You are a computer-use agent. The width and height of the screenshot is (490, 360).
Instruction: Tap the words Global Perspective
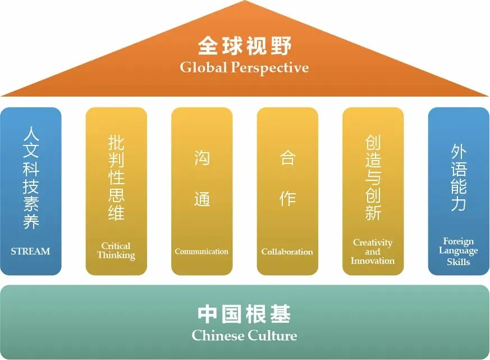pyautogui.click(x=244, y=68)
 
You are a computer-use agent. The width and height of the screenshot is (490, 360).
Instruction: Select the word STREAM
pyautogui.click(x=30, y=252)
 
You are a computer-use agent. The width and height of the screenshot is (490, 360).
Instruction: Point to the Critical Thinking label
pyautogui.click(x=116, y=250)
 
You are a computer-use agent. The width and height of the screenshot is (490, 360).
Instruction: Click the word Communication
pyautogui.click(x=202, y=252)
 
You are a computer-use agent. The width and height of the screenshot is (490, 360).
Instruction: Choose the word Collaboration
pyautogui.click(x=287, y=252)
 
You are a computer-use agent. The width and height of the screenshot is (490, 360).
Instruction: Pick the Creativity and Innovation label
pyautogui.click(x=373, y=252)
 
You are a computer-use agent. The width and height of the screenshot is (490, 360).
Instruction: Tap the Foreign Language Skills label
pyautogui.click(x=459, y=252)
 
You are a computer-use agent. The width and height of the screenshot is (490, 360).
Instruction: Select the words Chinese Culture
pyautogui.click(x=244, y=336)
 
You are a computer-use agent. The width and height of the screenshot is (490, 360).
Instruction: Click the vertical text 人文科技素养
pyautogui.click(x=31, y=178)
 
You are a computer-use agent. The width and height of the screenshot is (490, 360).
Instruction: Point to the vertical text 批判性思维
pyautogui.click(x=116, y=178)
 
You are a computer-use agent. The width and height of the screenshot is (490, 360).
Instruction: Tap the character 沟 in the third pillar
pyautogui.click(x=202, y=158)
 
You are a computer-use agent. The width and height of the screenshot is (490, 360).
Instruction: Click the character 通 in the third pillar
pyautogui.click(x=202, y=198)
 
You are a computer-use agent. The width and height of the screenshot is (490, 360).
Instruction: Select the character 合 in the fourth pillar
pyautogui.click(x=287, y=158)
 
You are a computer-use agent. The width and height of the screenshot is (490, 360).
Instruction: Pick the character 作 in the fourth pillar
pyautogui.click(x=287, y=198)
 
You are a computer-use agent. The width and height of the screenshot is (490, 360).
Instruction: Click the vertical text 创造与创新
pyautogui.click(x=373, y=178)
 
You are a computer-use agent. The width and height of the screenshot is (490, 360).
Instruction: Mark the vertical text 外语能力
pyautogui.click(x=459, y=178)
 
